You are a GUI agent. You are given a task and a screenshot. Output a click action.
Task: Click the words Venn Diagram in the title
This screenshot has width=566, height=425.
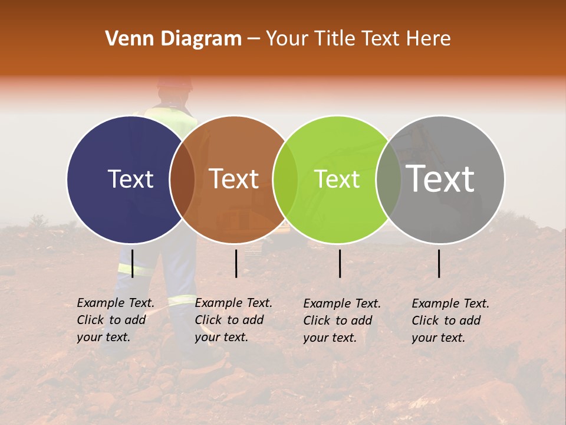point(173,39)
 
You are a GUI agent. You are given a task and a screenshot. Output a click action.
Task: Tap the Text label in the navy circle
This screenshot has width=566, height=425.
point(130,179)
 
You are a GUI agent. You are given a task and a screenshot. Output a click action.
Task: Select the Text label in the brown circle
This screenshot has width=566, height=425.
point(234,179)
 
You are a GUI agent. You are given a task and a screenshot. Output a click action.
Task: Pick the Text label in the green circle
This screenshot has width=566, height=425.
point(337,179)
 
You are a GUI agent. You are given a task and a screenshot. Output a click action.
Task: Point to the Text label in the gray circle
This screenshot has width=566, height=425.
point(440,179)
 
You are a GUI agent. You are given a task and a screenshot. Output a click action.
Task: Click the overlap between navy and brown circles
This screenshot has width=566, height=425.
point(182,179)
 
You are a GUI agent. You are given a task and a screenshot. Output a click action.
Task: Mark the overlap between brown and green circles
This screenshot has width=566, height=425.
point(285,179)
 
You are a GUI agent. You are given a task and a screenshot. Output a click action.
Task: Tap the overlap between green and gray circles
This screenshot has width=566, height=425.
point(389,179)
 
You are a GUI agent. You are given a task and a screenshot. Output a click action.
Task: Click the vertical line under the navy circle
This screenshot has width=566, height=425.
point(132,263)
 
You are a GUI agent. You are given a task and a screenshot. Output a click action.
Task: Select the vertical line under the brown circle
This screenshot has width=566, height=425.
point(236,263)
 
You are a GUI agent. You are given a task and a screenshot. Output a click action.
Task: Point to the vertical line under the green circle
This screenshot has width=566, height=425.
point(340,263)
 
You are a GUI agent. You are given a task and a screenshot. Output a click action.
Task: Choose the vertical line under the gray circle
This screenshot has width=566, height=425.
point(439,263)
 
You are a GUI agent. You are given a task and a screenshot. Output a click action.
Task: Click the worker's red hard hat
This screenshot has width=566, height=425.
point(175,83)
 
